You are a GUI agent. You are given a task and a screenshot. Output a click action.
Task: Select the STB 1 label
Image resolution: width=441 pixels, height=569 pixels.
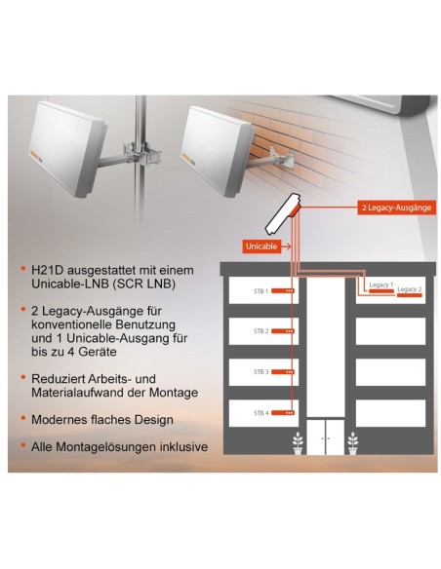(x=261, y=290)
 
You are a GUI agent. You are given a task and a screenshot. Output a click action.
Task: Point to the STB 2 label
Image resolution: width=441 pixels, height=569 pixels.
(x=261, y=331)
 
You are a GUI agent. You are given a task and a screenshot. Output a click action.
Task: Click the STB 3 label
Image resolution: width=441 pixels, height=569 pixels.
(x=261, y=372)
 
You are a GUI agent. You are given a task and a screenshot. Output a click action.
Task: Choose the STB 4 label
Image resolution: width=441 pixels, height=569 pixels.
(x=261, y=412)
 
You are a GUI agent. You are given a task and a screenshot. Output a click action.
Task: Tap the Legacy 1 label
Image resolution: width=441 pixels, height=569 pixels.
(x=380, y=284)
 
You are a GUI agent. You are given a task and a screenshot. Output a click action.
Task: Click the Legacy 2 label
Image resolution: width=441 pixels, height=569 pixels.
(x=410, y=289)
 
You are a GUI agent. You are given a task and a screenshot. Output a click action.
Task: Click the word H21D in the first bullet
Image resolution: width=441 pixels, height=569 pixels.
(x=44, y=267)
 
